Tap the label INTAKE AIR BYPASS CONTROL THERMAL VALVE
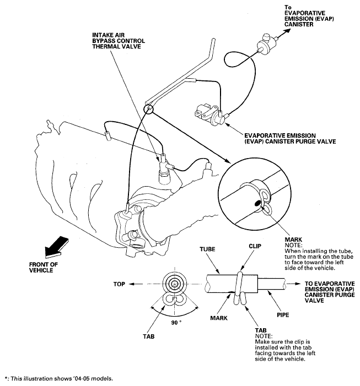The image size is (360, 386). click(119, 41)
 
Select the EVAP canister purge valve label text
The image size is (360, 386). click(290, 139)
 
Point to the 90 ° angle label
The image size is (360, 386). click(176, 322)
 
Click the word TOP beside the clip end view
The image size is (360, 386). click(119, 284)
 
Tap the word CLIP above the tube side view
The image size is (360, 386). click(255, 246)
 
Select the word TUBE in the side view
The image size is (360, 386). click(207, 249)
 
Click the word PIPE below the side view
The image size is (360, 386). click(283, 315)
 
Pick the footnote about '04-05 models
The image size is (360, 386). click(58, 378)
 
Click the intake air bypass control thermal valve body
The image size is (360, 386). click(164, 170)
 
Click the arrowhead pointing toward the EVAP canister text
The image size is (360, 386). click(287, 31)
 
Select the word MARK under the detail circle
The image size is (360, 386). click(293, 240)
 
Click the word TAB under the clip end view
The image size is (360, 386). click(149, 336)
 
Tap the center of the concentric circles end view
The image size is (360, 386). click(175, 284)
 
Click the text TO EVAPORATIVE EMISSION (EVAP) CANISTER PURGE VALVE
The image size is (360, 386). click(330, 292)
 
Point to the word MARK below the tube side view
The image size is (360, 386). click(219, 318)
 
